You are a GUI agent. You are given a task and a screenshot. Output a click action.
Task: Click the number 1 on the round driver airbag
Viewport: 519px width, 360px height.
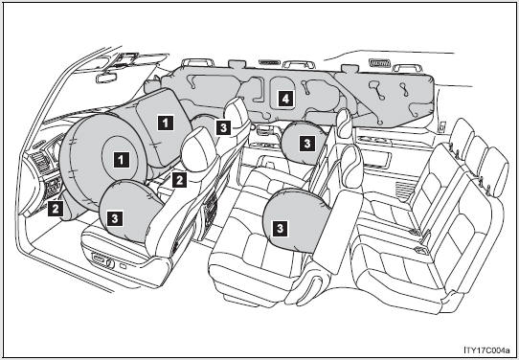(x=122, y=160)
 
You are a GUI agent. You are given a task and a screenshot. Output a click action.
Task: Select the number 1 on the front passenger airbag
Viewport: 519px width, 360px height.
(x=165, y=123)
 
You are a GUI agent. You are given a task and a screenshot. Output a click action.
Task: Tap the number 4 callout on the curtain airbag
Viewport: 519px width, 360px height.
(x=285, y=99)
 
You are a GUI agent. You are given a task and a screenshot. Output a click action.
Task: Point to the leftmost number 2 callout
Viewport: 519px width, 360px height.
(x=56, y=209)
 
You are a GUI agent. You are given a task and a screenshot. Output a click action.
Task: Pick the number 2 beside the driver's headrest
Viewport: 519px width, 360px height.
(x=179, y=180)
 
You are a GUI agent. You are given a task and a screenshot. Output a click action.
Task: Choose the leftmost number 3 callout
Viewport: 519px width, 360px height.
(x=115, y=218)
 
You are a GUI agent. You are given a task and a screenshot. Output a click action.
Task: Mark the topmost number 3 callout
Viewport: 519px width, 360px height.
(x=223, y=127)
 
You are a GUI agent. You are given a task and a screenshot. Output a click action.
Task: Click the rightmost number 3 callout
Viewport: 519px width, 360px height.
(x=307, y=144)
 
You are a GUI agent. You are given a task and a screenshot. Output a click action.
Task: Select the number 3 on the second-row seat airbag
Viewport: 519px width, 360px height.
(x=281, y=228)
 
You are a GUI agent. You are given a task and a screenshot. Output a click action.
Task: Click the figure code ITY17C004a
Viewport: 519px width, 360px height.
(x=486, y=349)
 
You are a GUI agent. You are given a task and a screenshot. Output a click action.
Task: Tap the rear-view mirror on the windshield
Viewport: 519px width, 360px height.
(x=106, y=78)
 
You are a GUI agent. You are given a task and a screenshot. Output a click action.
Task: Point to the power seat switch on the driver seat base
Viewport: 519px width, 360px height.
(x=101, y=259)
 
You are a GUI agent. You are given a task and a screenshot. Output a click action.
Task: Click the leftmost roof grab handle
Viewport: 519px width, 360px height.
(x=198, y=62)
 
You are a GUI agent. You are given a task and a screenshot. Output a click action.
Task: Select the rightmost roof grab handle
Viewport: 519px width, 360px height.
(x=407, y=68)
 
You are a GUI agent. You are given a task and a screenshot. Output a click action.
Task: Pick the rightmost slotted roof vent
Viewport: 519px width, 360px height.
(x=379, y=62)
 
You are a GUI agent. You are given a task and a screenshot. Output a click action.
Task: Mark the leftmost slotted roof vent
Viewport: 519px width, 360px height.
(x=269, y=62)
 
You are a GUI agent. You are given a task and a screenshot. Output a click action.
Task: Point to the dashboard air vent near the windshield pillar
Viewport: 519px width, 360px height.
(x=39, y=161)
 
